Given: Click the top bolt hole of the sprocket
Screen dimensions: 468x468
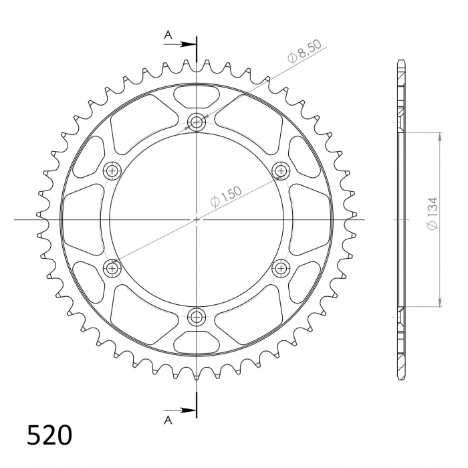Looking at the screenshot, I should [x=197, y=122].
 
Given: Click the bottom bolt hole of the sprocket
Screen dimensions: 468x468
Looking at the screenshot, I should [x=197, y=316].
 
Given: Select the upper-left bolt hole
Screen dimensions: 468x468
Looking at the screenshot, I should [x=112, y=170].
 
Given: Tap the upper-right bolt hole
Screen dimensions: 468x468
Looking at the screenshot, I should [x=281, y=170].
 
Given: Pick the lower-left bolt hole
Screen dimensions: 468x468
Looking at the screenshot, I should [x=112, y=268].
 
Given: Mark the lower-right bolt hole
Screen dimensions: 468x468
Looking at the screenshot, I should [x=281, y=268].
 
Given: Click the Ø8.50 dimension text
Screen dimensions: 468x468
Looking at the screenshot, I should [x=306, y=52].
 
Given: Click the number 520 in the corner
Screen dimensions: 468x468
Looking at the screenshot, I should [x=49, y=435].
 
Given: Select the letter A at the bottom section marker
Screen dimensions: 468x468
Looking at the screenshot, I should [x=168, y=419].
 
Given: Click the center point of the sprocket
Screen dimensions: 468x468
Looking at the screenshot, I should [x=197, y=219].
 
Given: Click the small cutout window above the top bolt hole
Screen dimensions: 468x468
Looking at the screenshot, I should [x=197, y=96].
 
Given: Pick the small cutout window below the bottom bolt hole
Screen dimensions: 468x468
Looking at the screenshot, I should [x=197, y=342].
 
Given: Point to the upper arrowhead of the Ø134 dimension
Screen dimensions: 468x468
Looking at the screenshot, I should [x=440, y=137].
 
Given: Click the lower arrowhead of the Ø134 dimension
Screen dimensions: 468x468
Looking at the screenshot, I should [x=440, y=302].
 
